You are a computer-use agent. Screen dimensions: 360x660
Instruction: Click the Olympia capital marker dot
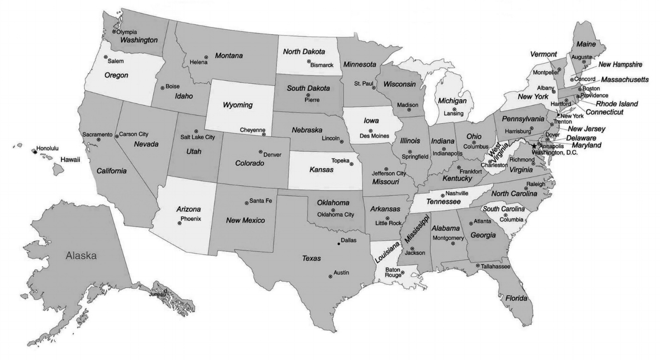114,31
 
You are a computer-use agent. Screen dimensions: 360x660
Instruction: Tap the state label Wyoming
238,105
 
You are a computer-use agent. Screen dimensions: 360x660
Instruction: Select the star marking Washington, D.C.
534,146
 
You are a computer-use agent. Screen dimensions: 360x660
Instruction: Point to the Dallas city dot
339,244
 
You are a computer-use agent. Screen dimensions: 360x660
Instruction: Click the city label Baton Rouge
393,272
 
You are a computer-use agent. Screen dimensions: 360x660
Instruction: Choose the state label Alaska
81,256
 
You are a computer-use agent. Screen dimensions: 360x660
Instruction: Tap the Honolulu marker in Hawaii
35,152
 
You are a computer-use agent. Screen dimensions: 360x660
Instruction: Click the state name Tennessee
443,202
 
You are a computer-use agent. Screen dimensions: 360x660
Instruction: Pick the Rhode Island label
617,104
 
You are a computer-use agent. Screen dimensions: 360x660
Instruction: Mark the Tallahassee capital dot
478,266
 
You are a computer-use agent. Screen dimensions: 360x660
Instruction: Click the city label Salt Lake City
198,137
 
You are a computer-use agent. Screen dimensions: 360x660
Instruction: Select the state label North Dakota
304,52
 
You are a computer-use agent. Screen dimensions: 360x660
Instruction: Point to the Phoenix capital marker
179,223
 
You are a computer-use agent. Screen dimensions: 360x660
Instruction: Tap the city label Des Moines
374,136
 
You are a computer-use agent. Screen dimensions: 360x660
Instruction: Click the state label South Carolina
503,209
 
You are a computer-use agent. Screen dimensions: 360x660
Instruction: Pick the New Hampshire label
620,65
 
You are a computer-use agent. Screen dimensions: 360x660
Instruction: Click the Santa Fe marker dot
246,202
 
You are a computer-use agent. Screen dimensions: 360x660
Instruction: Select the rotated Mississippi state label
417,228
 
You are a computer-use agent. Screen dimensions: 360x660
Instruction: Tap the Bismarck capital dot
309,61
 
